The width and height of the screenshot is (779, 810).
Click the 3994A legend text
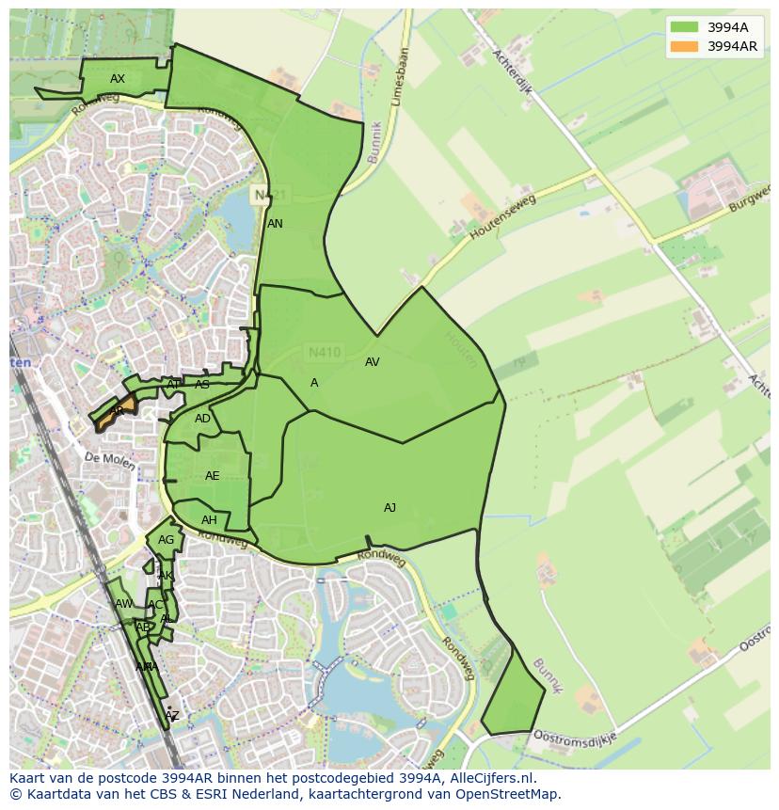[727, 26]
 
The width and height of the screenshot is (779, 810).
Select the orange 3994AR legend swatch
[685, 46]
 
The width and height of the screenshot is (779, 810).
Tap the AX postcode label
[118, 79]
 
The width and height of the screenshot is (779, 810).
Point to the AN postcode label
[275, 224]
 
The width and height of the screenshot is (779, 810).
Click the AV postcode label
[372, 362]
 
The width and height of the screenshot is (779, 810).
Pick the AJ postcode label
[389, 508]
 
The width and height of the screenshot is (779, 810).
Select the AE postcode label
[212, 476]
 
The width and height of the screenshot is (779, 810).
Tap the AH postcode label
[209, 520]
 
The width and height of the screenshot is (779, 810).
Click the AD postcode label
[202, 419]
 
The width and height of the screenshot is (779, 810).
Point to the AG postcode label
[166, 540]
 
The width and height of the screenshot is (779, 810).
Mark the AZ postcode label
[171, 717]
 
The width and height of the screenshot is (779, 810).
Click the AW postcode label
[123, 604]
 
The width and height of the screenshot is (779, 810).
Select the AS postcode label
[202, 385]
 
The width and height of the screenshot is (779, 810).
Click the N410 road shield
[325, 353]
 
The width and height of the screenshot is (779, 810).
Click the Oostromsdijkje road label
[574, 735]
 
